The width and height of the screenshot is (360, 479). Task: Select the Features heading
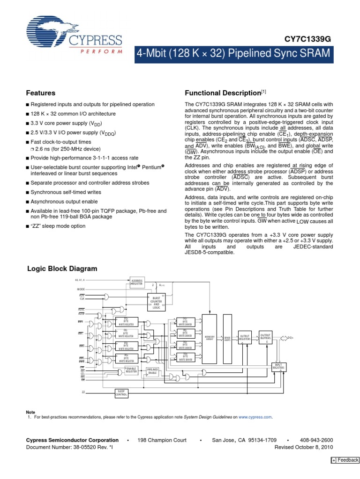click(40, 93)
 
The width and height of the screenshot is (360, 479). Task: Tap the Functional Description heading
click(222, 93)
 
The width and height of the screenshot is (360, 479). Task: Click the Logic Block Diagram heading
click(61, 269)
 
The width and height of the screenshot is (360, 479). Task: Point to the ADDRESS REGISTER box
click(137, 282)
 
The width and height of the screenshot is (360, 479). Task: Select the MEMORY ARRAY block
click(210, 337)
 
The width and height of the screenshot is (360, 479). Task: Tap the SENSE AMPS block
click(228, 337)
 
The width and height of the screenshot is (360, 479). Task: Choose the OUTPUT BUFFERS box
click(266, 337)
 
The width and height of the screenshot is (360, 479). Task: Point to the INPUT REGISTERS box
click(278, 367)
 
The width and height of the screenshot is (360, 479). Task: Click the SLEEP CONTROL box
click(121, 393)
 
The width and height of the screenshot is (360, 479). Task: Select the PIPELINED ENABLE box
click(153, 371)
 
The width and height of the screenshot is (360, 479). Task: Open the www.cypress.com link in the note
click(255, 417)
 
